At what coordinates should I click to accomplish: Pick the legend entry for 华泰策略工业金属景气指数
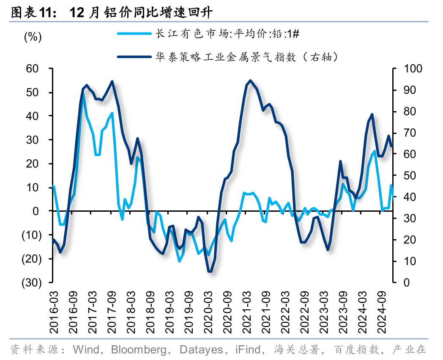[247, 57]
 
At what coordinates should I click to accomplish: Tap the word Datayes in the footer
[200, 349]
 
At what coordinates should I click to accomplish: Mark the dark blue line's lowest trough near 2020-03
[210, 272]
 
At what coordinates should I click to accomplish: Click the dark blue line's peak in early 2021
[251, 80]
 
